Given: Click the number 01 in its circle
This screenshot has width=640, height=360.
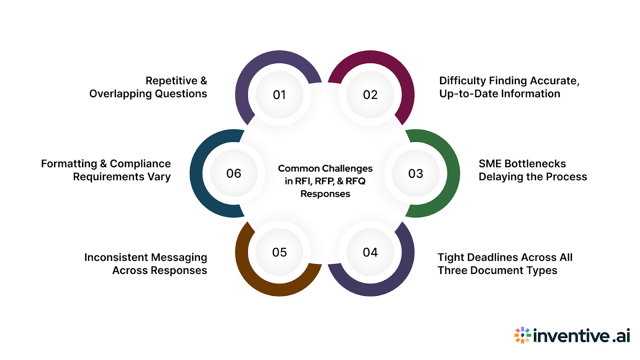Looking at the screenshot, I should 279,95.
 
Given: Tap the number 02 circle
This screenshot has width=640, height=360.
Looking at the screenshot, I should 370,95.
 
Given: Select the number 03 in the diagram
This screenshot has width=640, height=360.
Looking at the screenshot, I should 416,174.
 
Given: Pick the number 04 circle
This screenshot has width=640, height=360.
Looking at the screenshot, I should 370,252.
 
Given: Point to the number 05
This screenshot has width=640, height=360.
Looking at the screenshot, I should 279,252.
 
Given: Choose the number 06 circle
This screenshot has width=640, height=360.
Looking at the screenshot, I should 234,174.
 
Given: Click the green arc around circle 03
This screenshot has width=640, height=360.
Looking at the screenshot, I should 452,174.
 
